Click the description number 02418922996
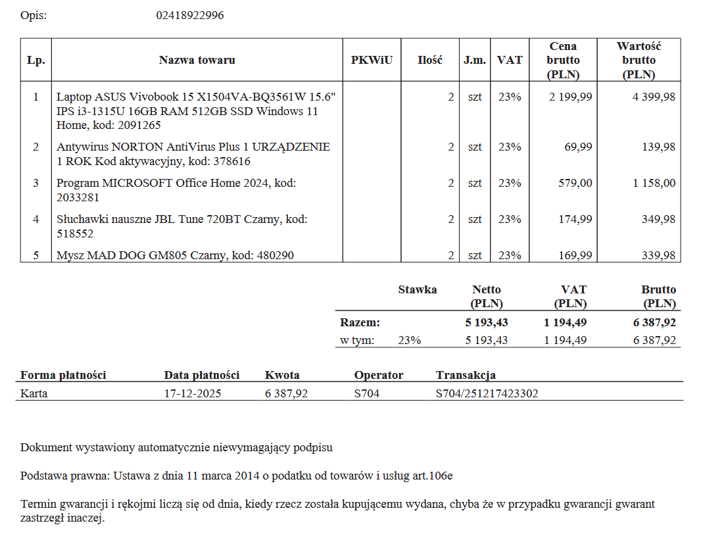click(x=189, y=15)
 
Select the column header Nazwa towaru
click(x=197, y=60)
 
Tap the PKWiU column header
click(x=372, y=60)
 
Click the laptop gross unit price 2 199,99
click(x=570, y=97)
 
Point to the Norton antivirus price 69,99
click(x=578, y=147)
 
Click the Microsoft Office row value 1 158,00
click(x=654, y=183)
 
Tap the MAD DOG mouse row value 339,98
click(x=658, y=255)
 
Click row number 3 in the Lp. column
click(x=36, y=183)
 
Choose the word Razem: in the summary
click(x=360, y=322)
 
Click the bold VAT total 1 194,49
click(x=565, y=322)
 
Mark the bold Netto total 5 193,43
click(x=487, y=322)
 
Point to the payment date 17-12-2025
click(x=192, y=393)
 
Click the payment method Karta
click(x=34, y=393)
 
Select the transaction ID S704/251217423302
click(x=487, y=393)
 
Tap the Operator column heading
click(x=378, y=375)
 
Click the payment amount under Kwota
click(x=286, y=393)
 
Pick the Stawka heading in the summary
click(x=417, y=289)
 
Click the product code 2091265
click(x=139, y=125)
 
